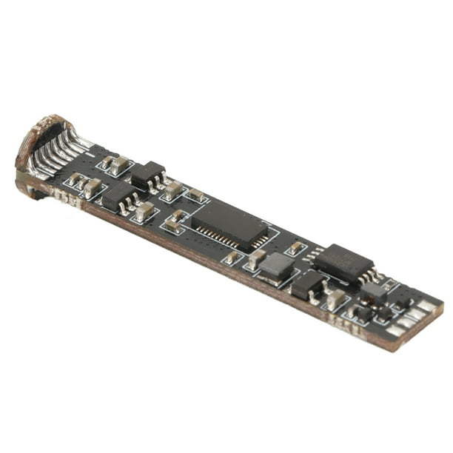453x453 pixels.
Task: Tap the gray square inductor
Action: [x=276, y=266]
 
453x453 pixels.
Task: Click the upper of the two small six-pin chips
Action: [x=148, y=175]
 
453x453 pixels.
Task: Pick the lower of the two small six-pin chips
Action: [x=121, y=195]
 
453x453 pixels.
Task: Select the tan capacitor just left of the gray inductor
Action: [x=255, y=258]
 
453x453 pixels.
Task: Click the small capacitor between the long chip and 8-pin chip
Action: [x=296, y=248]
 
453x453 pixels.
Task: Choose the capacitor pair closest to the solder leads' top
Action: [x=115, y=164]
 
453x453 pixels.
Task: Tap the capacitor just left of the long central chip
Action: [x=176, y=219]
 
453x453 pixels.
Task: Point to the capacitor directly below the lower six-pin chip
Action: [x=144, y=212]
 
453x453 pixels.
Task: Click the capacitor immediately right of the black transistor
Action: [x=335, y=298]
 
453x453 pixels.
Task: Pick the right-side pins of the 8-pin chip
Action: [x=370, y=275]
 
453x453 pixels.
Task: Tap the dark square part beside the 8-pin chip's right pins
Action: [x=374, y=292]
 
